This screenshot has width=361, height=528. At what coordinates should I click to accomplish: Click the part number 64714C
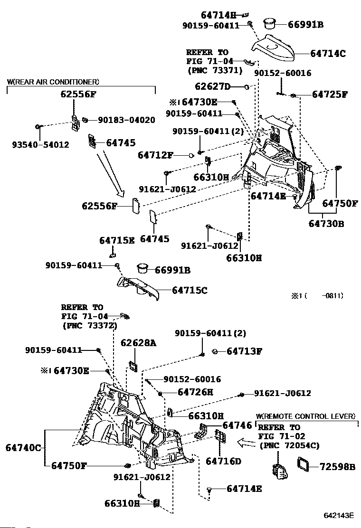pyautogui.click(x=328, y=53)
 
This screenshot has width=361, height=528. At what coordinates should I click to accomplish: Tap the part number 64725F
pyautogui.click(x=329, y=94)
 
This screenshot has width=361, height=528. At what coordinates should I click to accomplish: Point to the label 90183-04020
pyautogui.click(x=126, y=120)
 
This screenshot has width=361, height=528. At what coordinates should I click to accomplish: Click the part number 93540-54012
pyautogui.click(x=40, y=144)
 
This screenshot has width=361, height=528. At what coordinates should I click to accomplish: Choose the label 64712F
pyautogui.click(x=156, y=155)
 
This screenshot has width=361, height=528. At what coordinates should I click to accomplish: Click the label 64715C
pyautogui.click(x=189, y=290)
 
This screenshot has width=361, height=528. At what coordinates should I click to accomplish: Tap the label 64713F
pyautogui.click(x=244, y=351)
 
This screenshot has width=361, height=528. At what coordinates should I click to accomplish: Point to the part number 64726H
pyautogui.click(x=195, y=392)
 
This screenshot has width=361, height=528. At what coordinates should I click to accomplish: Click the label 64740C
pyautogui.click(x=23, y=447)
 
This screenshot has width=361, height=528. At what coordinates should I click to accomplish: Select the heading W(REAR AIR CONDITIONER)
pyautogui.click(x=53, y=82)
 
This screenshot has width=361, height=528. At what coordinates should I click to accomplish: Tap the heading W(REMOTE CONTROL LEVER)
pyautogui.click(x=305, y=416)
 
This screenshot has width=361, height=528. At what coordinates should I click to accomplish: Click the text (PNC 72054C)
pyautogui.click(x=289, y=445)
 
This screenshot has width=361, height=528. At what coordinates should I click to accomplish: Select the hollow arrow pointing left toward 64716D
pyautogui.click(x=247, y=443)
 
